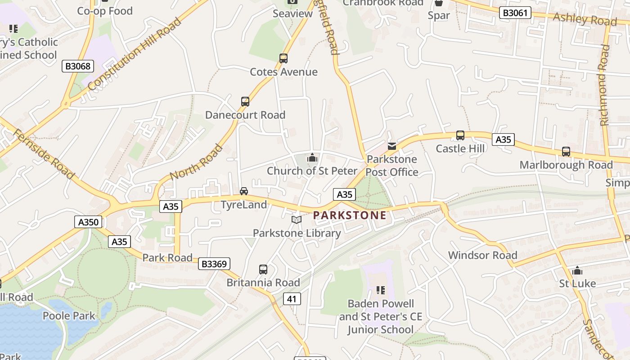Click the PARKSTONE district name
click(350, 215)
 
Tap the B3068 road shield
click(78, 66)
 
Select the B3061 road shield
click(515, 13)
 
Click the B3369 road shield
click(214, 264)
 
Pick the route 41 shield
click(292, 298)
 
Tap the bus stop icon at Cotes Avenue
click(283, 58)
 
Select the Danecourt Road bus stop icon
click(245, 101)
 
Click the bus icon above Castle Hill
click(460, 135)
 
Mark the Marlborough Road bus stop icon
click(566, 152)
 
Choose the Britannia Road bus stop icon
click(263, 270)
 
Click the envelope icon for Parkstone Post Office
click(392, 146)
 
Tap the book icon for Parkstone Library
click(296, 220)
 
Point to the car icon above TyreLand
click(244, 191)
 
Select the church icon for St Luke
click(577, 270)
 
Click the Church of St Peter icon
click(312, 157)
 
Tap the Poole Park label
click(69, 315)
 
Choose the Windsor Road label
click(482, 255)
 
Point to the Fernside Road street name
click(43, 153)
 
